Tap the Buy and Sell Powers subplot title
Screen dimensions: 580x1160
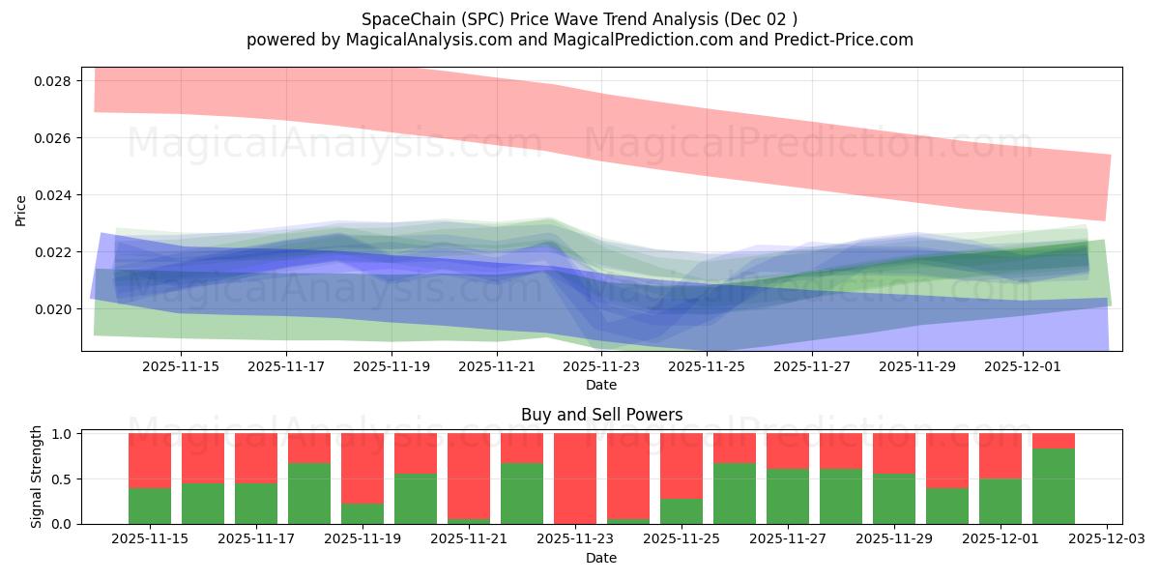(601, 415)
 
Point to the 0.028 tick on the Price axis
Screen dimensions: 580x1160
(52, 81)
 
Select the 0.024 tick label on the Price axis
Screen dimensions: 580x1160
(52, 195)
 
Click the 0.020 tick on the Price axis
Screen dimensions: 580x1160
(52, 309)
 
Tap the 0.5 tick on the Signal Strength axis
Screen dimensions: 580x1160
(61, 479)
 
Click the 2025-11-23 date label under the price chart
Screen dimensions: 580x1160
(601, 367)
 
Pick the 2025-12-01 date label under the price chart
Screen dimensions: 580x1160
(1023, 367)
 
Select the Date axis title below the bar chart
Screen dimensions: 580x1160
(601, 558)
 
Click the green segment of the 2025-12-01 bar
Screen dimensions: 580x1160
(1000, 502)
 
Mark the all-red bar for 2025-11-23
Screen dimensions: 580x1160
(575, 478)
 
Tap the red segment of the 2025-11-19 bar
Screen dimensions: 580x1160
(362, 468)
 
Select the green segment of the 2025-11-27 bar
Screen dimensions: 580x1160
(788, 496)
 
